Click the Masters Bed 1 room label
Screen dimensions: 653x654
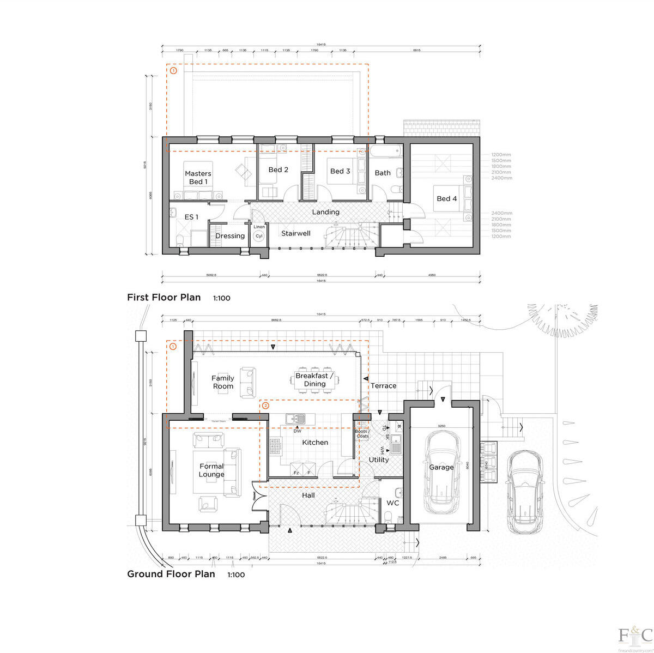click(x=198, y=178)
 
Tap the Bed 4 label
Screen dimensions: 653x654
click(x=447, y=198)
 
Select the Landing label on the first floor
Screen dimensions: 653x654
click(x=325, y=212)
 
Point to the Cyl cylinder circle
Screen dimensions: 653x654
click(x=259, y=236)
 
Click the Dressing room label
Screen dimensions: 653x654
click(x=230, y=236)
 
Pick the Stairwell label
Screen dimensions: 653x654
click(x=295, y=233)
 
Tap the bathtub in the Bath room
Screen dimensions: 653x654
click(x=386, y=152)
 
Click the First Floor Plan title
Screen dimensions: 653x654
click(x=164, y=298)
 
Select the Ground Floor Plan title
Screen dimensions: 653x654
click(x=171, y=574)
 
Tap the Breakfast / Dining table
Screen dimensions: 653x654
click(x=314, y=380)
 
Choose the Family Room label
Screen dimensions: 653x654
click(x=223, y=382)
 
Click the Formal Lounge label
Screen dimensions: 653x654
click(x=211, y=470)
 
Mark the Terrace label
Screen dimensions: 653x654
click(x=383, y=386)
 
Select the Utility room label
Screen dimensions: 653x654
click(x=379, y=459)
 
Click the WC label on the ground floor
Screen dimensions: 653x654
click(x=392, y=503)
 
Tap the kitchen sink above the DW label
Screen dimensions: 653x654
click(x=298, y=419)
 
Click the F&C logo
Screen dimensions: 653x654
click(x=635, y=636)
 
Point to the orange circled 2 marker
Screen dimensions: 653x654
click(x=265, y=406)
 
